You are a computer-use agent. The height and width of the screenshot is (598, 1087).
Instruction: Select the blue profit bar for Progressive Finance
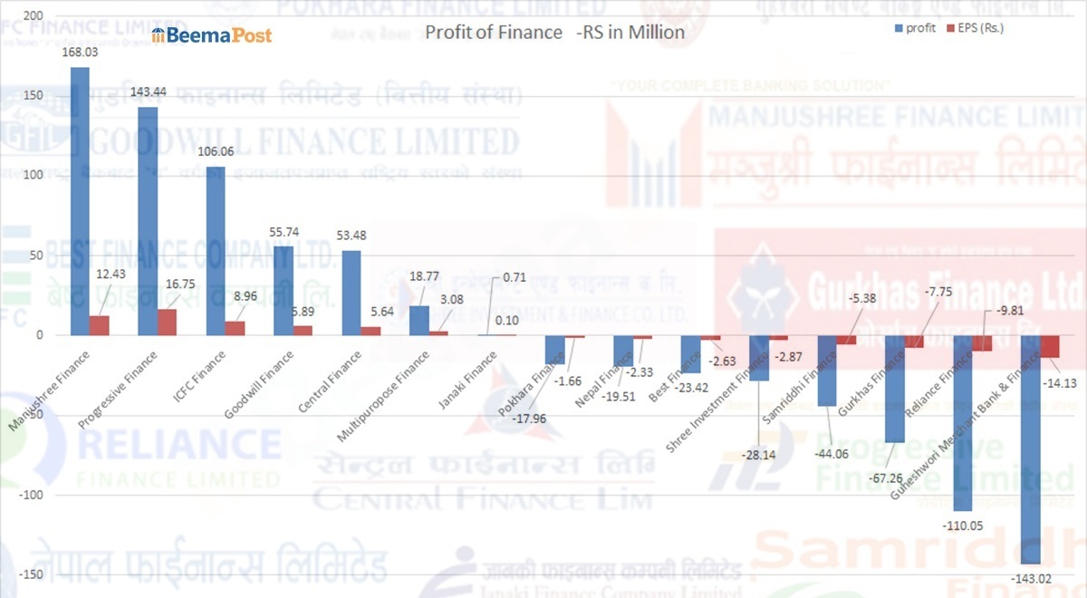[x=148, y=221]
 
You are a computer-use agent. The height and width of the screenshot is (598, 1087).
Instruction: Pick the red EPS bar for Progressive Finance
[x=167, y=322]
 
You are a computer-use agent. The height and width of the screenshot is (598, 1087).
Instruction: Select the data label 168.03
[x=80, y=52]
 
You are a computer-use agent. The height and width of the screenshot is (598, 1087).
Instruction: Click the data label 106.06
[x=216, y=151]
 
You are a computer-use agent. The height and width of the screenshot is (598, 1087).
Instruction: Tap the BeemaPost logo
[x=212, y=34]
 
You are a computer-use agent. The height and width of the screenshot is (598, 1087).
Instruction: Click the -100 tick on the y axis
[x=26, y=495]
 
